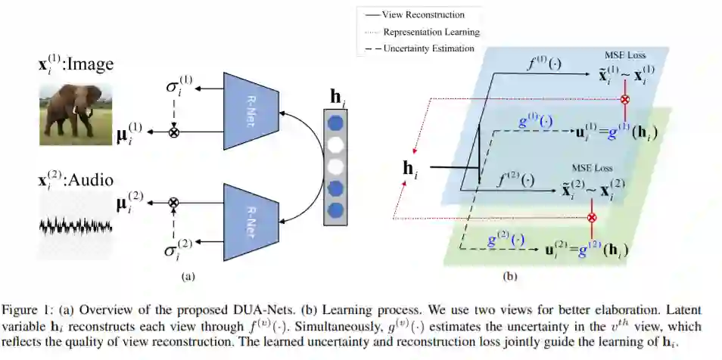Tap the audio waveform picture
[76, 225]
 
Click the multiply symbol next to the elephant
[173, 132]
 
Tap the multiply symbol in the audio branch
[173, 202]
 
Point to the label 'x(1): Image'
[76, 64]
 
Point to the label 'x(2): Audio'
[76, 181]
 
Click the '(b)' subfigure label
[511, 277]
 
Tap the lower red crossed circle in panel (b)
[592, 218]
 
